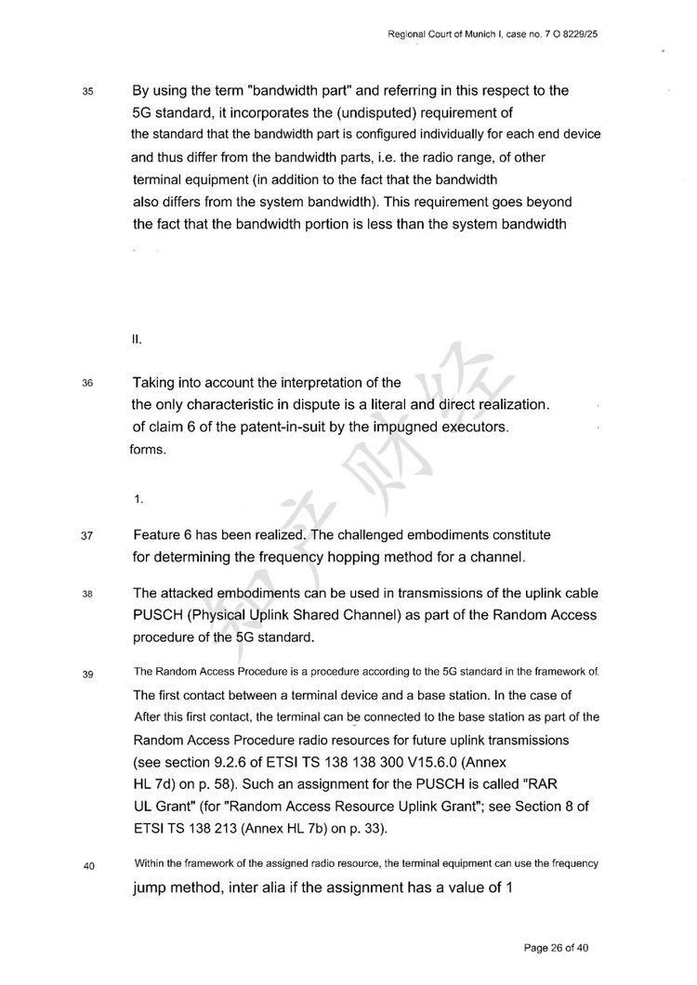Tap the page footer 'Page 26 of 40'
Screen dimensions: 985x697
click(557, 948)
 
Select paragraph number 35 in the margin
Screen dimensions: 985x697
click(88, 93)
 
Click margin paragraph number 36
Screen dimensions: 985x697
click(88, 383)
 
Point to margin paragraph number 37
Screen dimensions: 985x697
click(88, 536)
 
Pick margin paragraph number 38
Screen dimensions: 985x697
click(88, 595)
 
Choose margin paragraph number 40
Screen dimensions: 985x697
click(88, 866)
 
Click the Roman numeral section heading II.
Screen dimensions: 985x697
click(137, 340)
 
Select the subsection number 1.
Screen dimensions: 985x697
click(138, 500)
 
